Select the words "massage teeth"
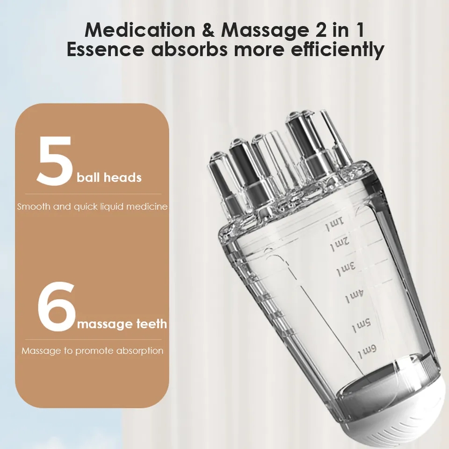click(x=122, y=324)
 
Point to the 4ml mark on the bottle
click(x=354, y=296)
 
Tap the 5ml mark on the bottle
click(x=361, y=323)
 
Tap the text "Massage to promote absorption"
click(x=92, y=350)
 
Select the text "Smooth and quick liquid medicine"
click(x=92, y=206)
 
